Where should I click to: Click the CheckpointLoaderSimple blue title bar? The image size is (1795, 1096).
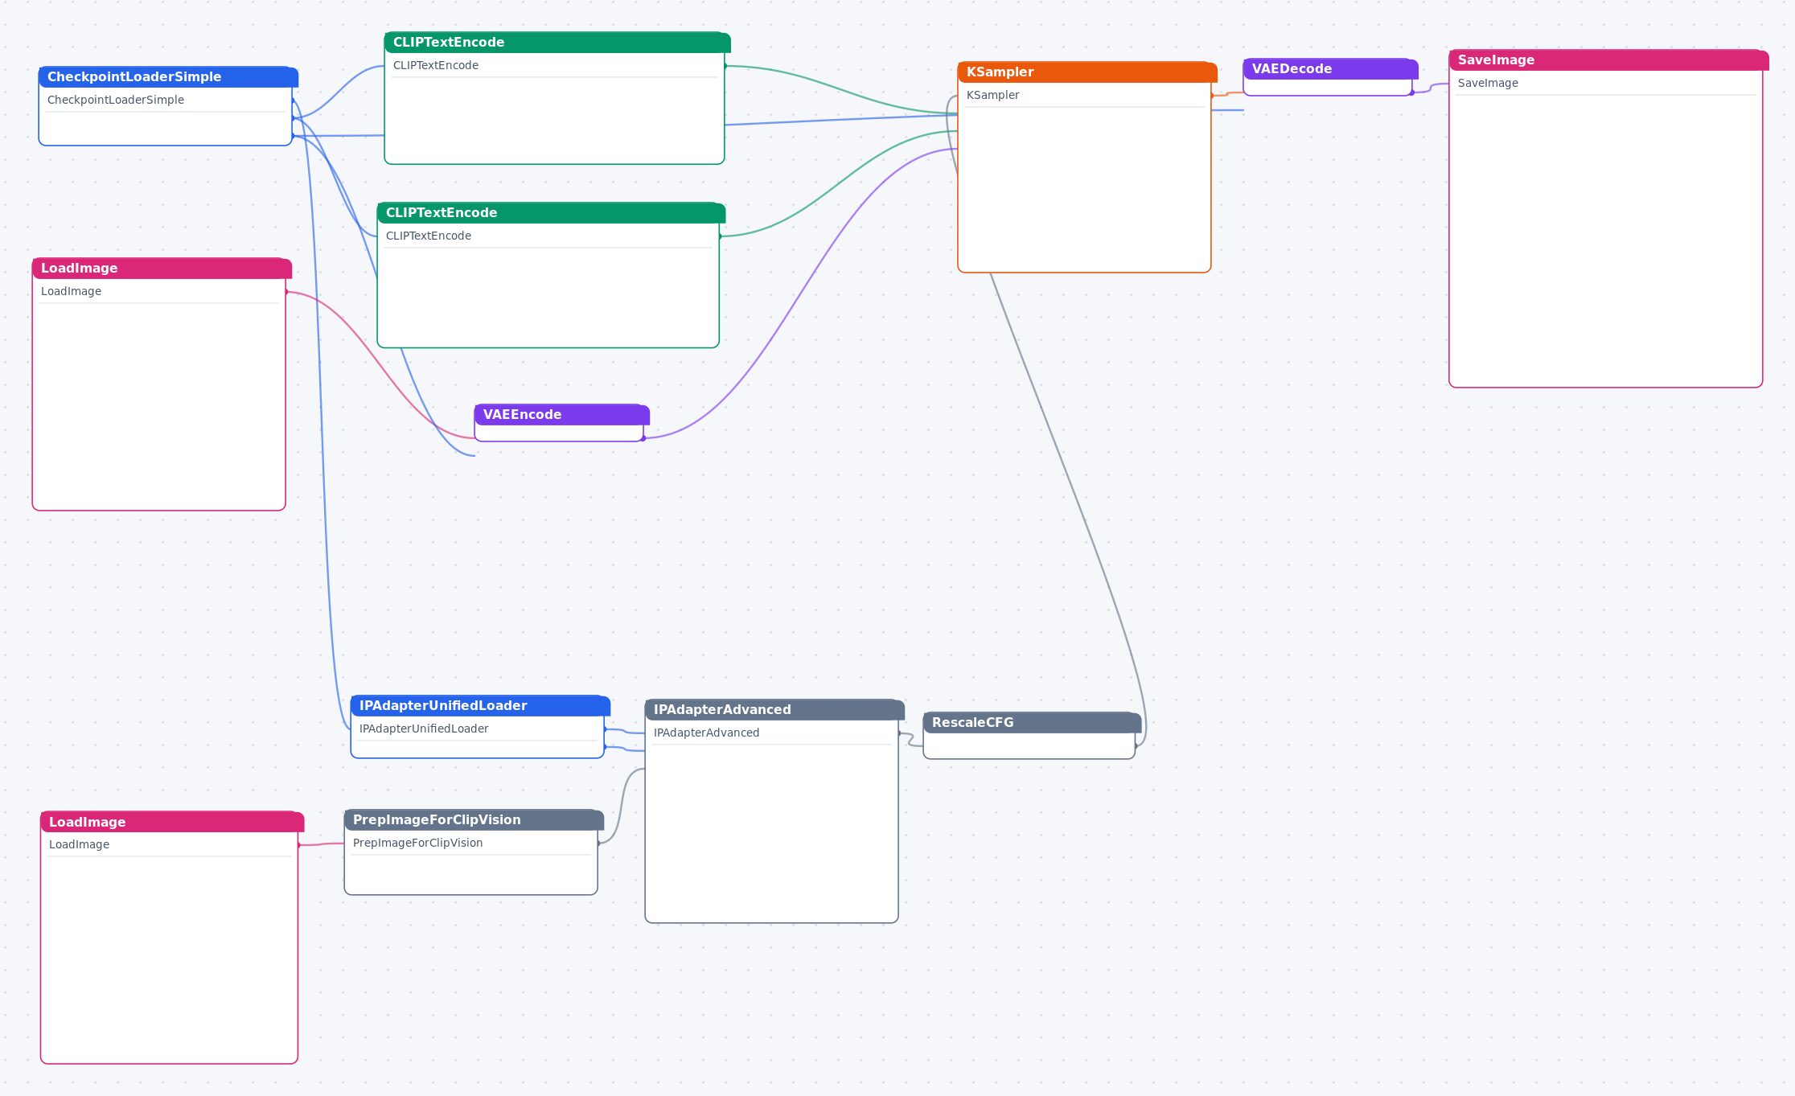click(168, 77)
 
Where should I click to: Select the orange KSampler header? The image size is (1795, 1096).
click(1087, 72)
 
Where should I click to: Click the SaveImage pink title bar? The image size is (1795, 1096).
click(1608, 60)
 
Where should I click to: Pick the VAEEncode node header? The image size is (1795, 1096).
click(561, 415)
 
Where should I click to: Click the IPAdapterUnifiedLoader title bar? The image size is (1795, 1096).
click(480, 706)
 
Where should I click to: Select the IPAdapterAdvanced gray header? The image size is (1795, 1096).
click(774, 710)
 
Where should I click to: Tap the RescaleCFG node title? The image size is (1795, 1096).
click(1032, 723)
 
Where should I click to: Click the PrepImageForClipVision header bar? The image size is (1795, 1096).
click(474, 820)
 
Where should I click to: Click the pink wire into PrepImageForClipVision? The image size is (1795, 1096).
click(322, 844)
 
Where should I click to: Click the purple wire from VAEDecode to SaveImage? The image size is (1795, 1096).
click(1431, 88)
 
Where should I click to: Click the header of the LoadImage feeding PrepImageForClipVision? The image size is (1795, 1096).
click(172, 822)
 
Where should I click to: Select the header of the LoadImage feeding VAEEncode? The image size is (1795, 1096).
click(162, 269)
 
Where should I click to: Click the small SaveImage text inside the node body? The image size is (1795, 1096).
click(1488, 84)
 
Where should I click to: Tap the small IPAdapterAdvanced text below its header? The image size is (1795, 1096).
click(706, 733)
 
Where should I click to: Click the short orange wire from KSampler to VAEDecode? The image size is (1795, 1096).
click(1227, 94)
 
